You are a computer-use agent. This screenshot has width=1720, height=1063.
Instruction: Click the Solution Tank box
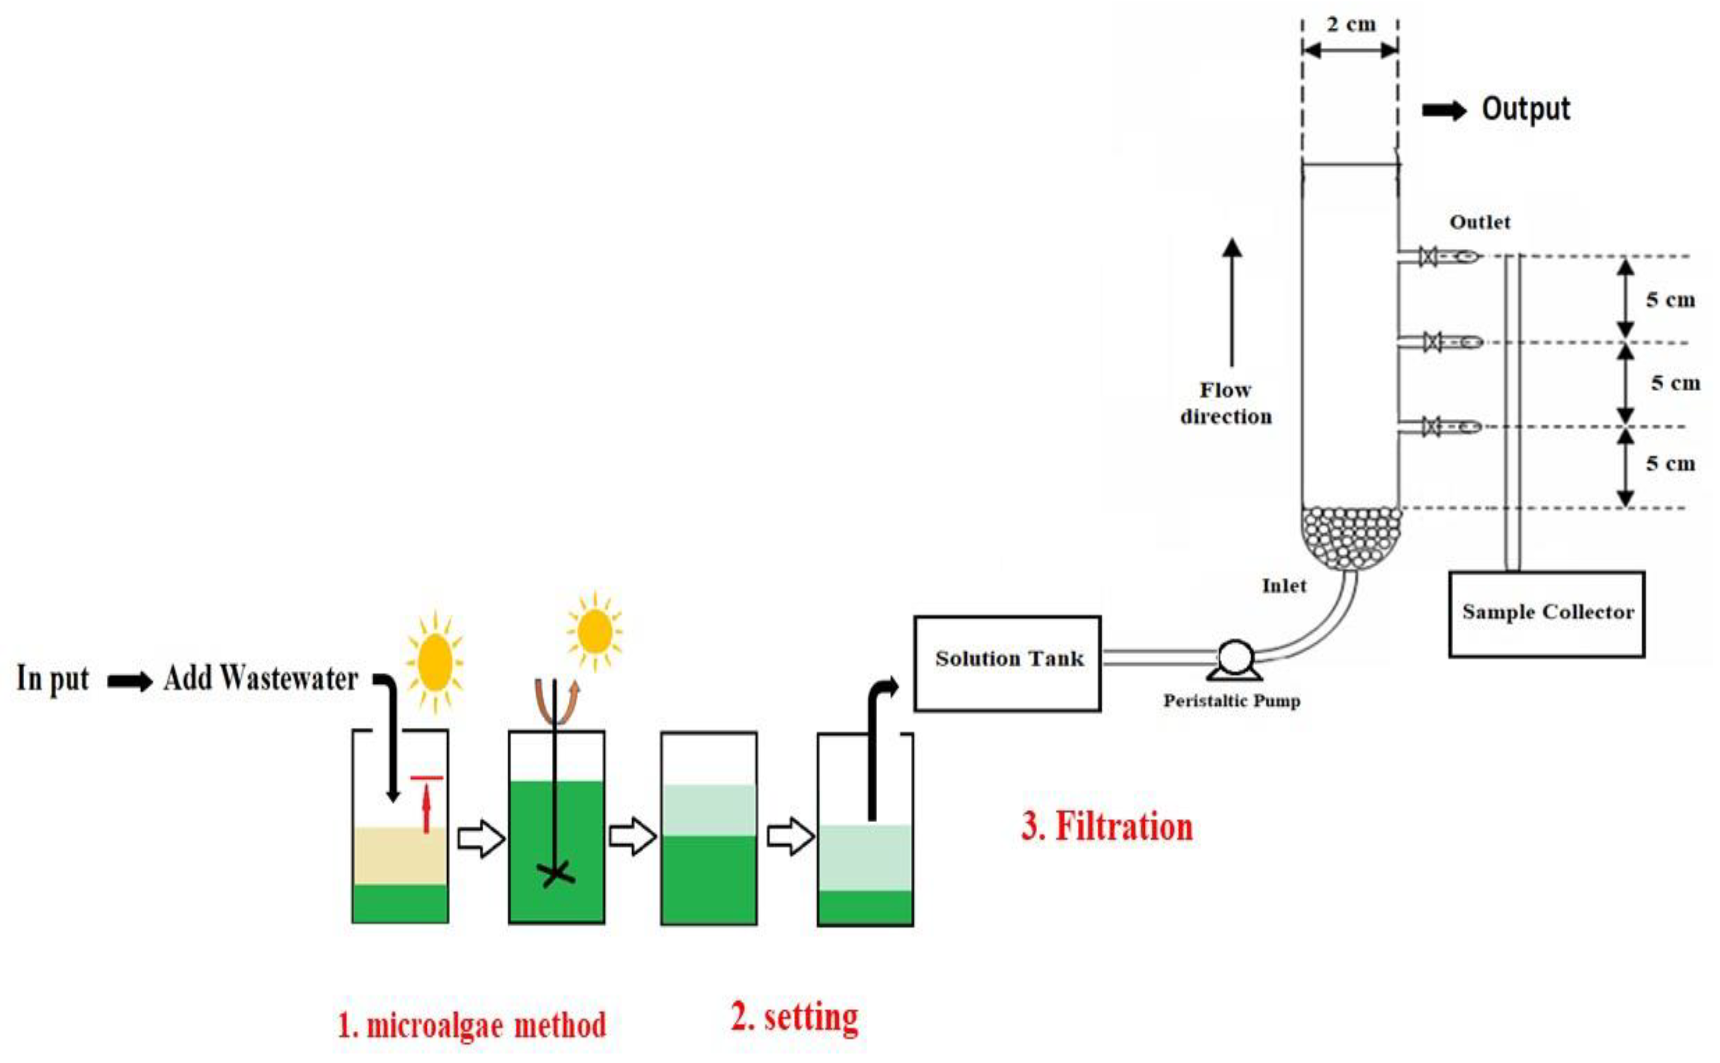pos(1007,663)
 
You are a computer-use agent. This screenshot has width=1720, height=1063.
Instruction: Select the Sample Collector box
pos(1546,614)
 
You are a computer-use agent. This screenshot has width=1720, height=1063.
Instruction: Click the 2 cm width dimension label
pos(1351,25)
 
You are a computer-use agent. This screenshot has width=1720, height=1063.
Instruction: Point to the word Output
pos(1525,109)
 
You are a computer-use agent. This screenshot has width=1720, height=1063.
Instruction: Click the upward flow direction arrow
pos(1231,302)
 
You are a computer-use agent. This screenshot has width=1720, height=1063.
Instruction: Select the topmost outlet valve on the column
pos(1428,256)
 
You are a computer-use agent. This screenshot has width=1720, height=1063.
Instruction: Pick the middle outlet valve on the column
pos(1432,342)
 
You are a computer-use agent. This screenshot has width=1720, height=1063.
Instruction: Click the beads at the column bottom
pos(1351,538)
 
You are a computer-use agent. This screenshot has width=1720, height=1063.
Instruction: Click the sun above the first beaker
pos(435,662)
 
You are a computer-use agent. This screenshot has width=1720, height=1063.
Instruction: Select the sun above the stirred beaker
pos(595,631)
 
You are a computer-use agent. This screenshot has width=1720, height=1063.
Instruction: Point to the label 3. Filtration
pos(1107,827)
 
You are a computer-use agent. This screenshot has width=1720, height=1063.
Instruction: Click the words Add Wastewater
pos(261,678)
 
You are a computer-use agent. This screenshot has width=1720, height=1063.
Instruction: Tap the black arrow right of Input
pos(130,681)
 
